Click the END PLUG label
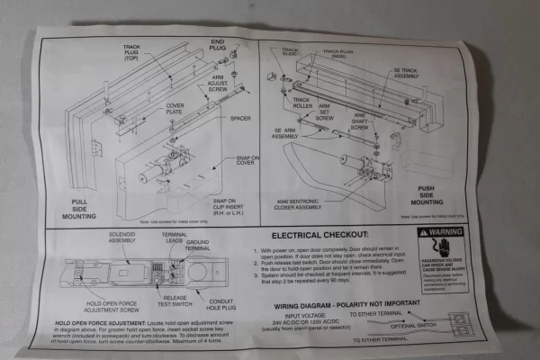pos(217,46)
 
